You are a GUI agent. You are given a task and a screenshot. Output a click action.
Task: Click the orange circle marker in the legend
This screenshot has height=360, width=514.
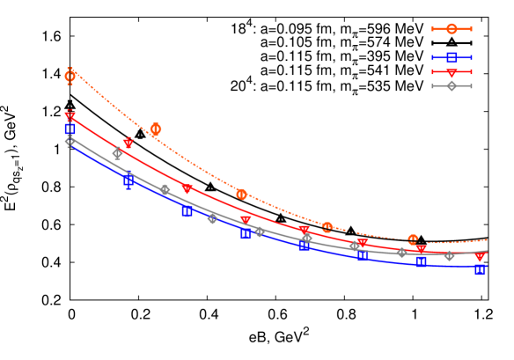[x=452, y=29]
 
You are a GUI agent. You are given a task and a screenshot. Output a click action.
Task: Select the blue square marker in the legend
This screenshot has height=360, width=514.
[x=452, y=57]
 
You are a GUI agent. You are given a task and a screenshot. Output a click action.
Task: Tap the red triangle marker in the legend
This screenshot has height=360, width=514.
[x=452, y=72]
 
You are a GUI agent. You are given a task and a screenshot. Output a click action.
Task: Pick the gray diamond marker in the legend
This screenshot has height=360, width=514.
[x=452, y=85]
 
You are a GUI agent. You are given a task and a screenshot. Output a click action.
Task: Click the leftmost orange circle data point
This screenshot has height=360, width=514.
[x=70, y=77]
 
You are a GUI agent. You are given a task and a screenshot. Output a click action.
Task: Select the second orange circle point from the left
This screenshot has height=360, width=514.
[x=156, y=129]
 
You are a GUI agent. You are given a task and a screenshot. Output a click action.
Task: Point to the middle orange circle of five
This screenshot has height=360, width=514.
[x=241, y=194]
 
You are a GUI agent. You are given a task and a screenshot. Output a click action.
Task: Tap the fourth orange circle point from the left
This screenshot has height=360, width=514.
[x=327, y=227]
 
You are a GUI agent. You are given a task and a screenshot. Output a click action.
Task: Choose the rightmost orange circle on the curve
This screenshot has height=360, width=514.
[x=413, y=239]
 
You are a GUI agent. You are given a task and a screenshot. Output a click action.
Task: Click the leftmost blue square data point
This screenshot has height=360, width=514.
[x=70, y=129]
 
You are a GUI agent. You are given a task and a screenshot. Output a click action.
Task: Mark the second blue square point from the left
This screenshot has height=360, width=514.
[x=128, y=180]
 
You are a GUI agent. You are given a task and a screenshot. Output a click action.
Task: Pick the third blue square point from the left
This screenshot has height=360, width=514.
[x=187, y=211]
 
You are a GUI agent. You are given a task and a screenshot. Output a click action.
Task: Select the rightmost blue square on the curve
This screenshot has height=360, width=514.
[x=480, y=268]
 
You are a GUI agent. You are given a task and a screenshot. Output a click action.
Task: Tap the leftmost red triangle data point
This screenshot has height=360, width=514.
[x=70, y=117]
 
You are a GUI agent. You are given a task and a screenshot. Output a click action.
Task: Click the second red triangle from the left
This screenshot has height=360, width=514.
[x=128, y=143]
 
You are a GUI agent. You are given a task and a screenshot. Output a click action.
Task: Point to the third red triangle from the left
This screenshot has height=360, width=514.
[x=187, y=189]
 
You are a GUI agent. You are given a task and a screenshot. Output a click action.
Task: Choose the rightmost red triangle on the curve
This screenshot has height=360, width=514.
[x=480, y=257]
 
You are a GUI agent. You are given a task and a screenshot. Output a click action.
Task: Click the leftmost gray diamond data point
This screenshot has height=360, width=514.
[x=70, y=141]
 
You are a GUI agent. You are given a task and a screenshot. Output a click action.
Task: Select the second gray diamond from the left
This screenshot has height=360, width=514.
[x=117, y=153]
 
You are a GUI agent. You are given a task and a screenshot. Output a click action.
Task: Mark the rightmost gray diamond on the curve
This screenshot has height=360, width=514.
[x=449, y=255]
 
